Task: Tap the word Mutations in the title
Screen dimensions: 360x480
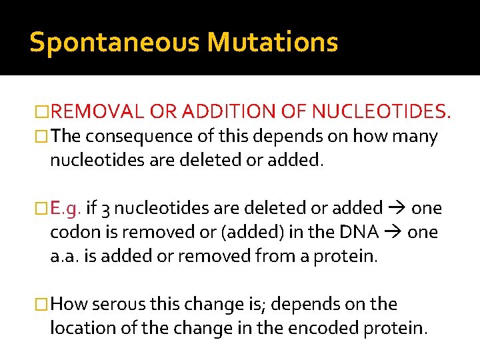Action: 272,42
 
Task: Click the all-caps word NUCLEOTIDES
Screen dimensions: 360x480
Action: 379,110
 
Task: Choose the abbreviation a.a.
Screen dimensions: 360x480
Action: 65,256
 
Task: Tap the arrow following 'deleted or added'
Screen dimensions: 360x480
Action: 396,208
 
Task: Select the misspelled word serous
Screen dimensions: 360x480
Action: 117,304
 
